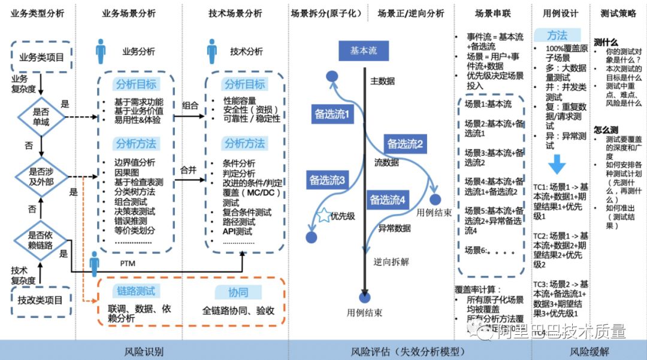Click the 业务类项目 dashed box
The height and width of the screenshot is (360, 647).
click(x=41, y=58)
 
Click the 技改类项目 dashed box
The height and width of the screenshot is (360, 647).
click(x=41, y=300)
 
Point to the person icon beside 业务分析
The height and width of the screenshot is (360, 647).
click(x=101, y=52)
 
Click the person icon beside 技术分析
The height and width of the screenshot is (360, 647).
click(x=211, y=52)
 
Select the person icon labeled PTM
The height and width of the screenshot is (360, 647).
click(x=94, y=263)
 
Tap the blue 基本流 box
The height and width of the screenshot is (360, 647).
click(x=364, y=51)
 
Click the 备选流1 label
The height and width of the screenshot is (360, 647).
click(x=331, y=114)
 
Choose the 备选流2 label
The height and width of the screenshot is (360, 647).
click(x=405, y=144)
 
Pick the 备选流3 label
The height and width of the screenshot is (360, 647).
click(x=327, y=179)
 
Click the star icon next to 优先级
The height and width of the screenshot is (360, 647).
click(x=324, y=216)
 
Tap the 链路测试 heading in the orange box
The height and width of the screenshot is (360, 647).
click(x=135, y=291)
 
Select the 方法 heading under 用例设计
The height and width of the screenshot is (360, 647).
click(x=557, y=35)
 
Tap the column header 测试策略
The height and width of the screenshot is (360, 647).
click(x=618, y=13)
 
